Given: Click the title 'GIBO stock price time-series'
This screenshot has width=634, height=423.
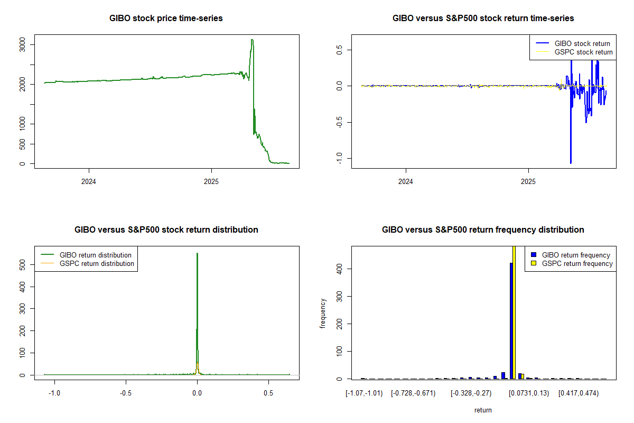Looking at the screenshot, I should click(x=166, y=19).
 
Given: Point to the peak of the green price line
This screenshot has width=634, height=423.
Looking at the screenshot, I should click(x=252, y=40).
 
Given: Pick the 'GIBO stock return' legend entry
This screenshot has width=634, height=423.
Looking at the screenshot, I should click(x=581, y=44).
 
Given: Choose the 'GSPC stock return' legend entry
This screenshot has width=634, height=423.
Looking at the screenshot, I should click(x=583, y=52).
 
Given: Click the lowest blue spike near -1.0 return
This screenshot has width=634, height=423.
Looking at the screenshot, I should click(x=571, y=162).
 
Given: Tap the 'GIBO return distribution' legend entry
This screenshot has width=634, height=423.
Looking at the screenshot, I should click(x=96, y=255).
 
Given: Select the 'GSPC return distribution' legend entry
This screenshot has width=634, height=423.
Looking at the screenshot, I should click(x=97, y=263).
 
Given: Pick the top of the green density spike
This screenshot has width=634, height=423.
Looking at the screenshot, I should click(x=197, y=253).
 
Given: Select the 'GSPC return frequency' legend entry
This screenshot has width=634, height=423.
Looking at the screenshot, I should click(x=577, y=263).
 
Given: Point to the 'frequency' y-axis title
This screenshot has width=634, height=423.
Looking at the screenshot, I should click(x=323, y=314).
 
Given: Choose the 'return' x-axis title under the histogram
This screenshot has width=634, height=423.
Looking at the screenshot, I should click(x=483, y=410).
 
